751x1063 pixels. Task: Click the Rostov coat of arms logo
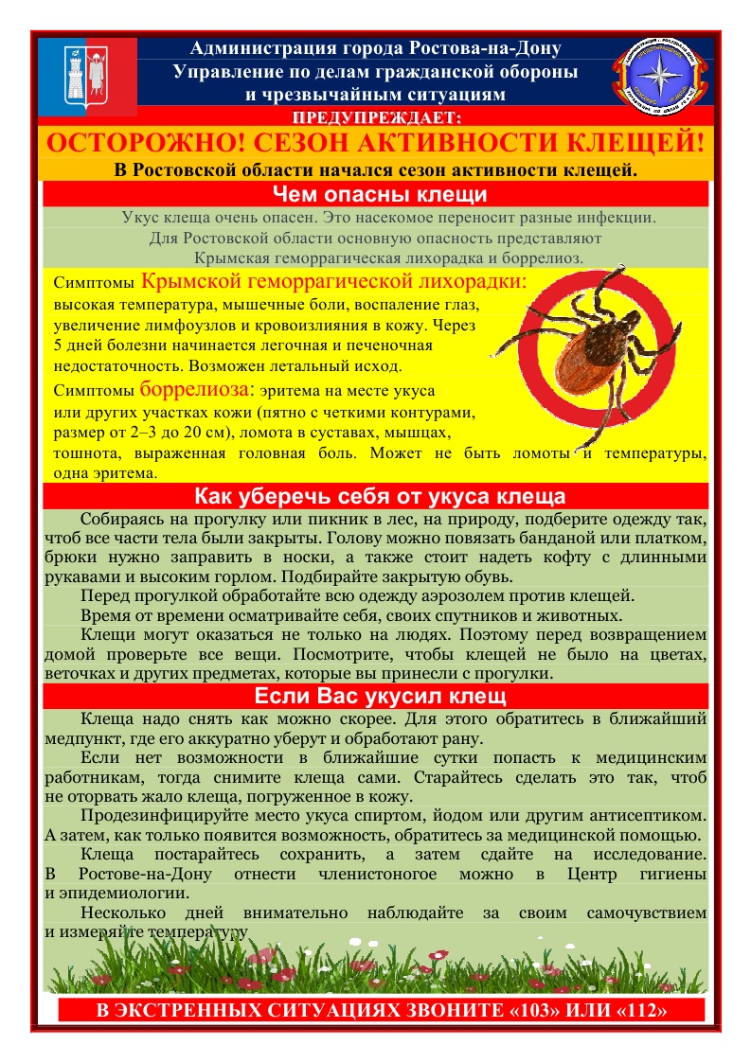pos(86,73)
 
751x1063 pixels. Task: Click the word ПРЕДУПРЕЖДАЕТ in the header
pos(377,117)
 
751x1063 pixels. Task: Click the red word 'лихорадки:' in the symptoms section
pos(465,281)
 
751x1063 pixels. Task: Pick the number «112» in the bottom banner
pos(643,1011)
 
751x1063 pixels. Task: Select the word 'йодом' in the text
pos(431,815)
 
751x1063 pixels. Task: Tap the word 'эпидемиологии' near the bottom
pos(112,893)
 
